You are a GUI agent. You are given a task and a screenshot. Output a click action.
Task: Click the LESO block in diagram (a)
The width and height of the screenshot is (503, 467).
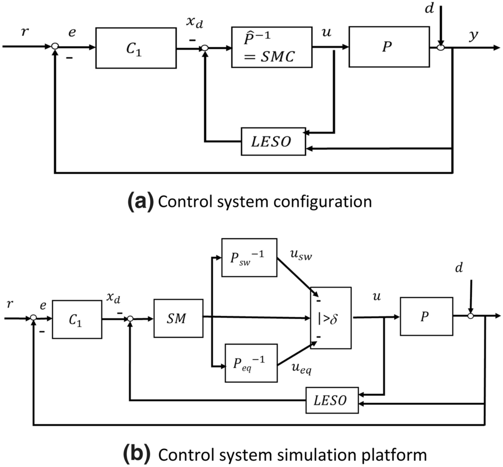click(273, 140)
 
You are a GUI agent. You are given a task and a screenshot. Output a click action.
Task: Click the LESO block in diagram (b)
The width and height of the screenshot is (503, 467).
click(332, 400)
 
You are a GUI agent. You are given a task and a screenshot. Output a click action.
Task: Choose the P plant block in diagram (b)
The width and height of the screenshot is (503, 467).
click(426, 316)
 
